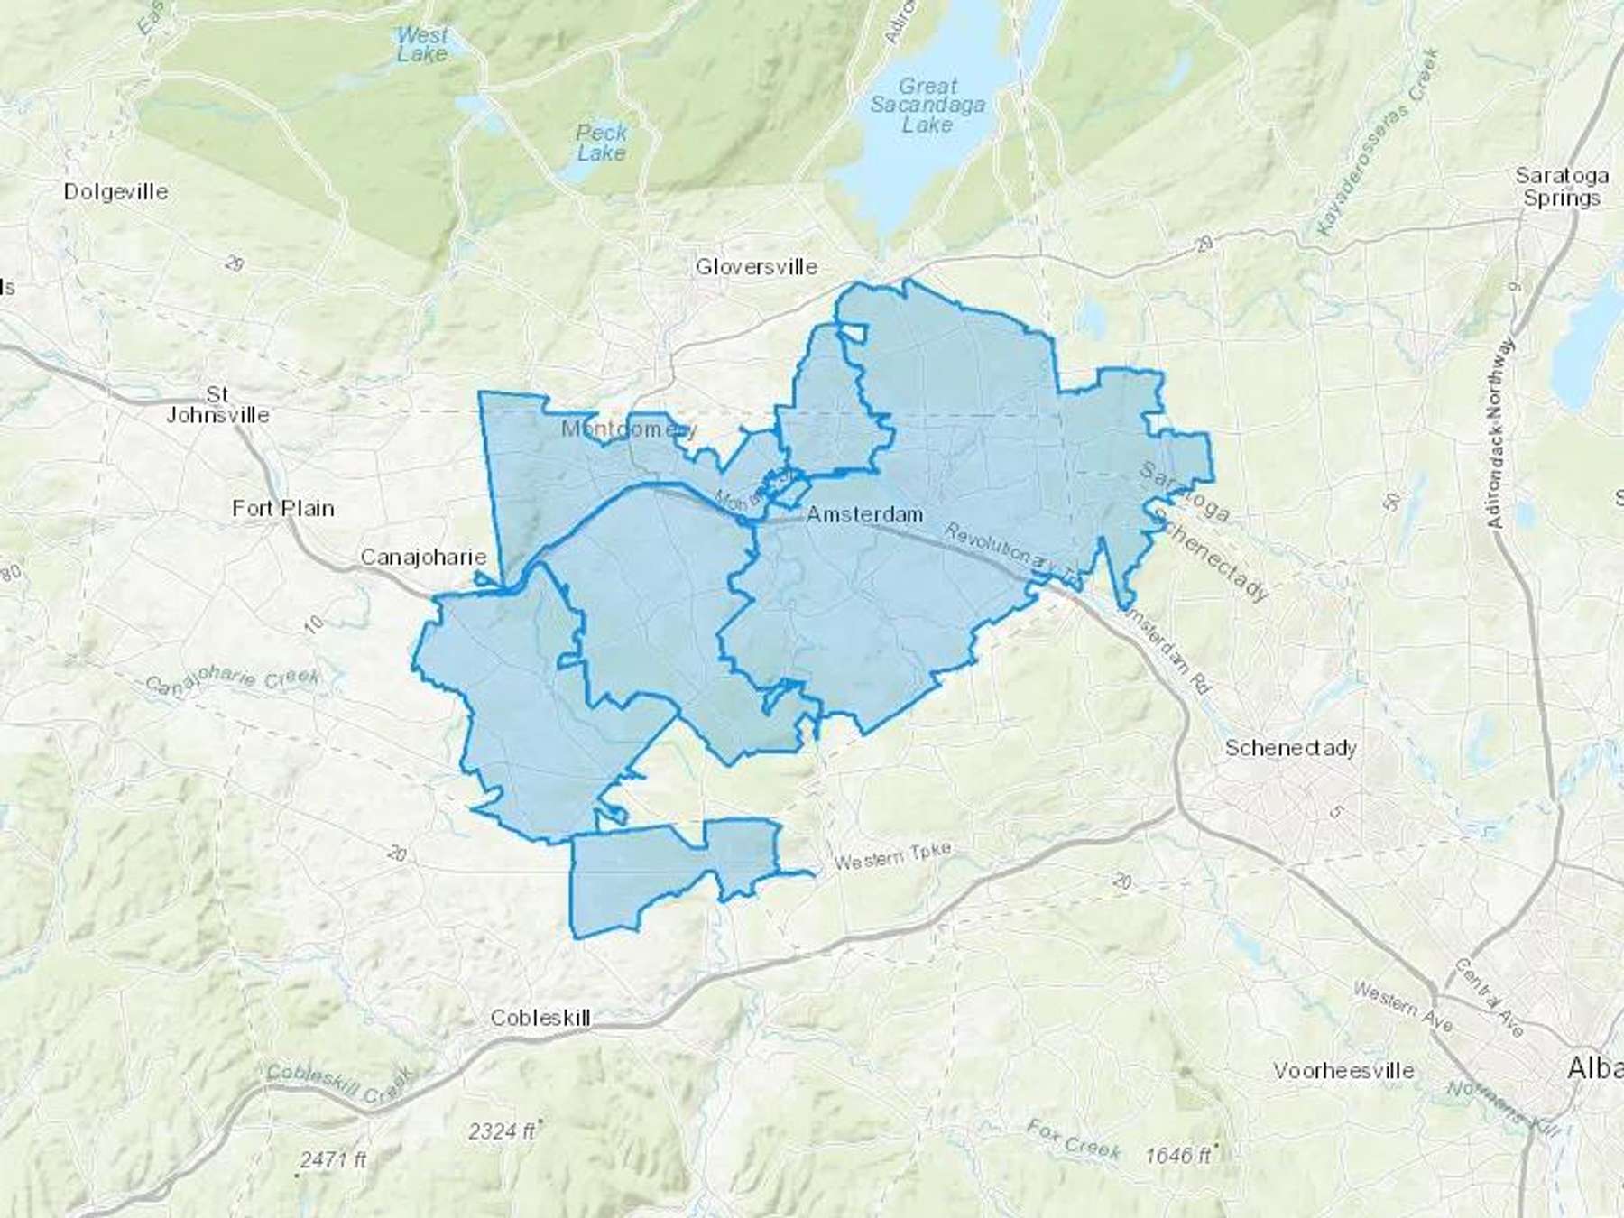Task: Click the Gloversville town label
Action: [756, 266]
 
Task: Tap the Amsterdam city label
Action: [864, 514]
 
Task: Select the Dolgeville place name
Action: [115, 191]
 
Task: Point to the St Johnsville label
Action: [217, 405]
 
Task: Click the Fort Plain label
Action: [283, 509]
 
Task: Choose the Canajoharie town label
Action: [423, 557]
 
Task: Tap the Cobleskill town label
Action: [540, 1018]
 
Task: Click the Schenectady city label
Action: [1290, 748]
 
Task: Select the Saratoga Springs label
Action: [1562, 187]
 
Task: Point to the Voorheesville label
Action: [1343, 1071]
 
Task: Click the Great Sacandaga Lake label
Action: [927, 106]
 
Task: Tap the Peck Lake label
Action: [601, 143]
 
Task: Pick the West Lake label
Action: [422, 44]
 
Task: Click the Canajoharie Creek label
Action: [233, 680]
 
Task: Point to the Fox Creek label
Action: [1074, 1139]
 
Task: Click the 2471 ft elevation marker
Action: [333, 1160]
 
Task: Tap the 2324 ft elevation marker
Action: [503, 1131]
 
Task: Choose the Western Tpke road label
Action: [892, 856]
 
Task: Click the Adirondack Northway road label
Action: [1499, 433]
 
